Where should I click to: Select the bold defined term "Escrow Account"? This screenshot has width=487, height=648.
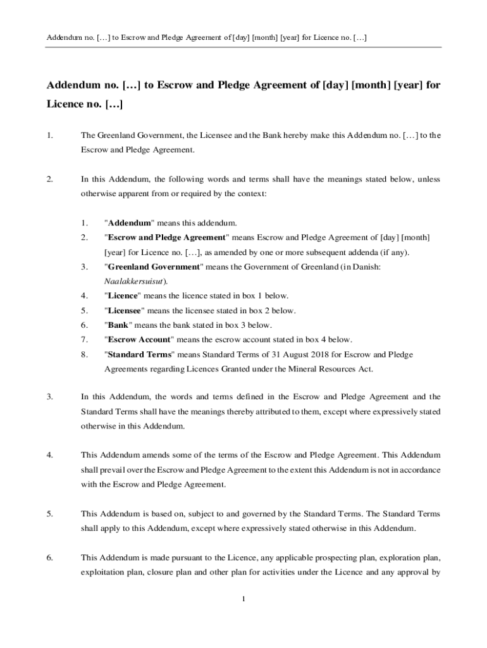click(x=139, y=339)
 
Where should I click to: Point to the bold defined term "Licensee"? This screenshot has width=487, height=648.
click(x=125, y=311)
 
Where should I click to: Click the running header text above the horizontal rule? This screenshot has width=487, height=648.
click(x=207, y=38)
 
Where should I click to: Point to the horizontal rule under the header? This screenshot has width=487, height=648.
click(x=243, y=47)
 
